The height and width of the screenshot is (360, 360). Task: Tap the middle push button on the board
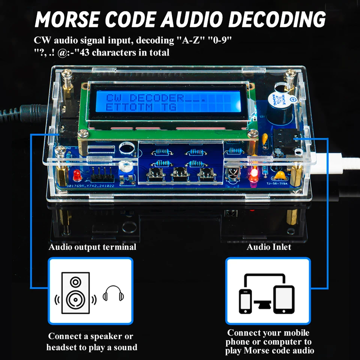click(178, 174)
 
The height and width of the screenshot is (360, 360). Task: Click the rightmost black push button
click(205, 174)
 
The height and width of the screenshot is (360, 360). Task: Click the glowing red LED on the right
click(253, 174)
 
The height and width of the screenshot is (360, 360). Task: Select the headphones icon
click(113, 293)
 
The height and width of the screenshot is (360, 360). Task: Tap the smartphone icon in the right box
click(245, 301)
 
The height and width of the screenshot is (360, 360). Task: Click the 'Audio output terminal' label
click(92, 247)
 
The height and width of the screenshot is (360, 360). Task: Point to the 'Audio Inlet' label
click(268, 247)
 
